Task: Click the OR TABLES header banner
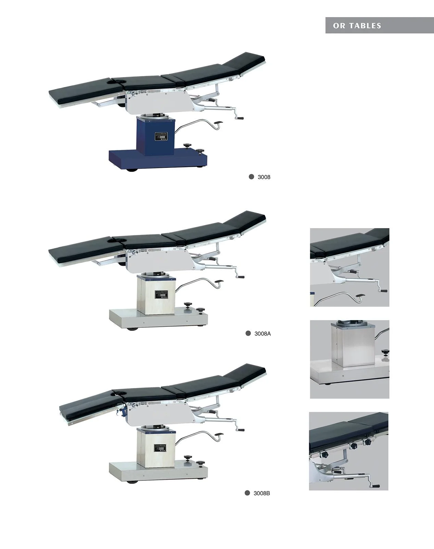coord(379,25)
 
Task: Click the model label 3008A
coord(262,334)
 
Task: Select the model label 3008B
coord(261,493)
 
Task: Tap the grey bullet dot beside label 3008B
coord(247,493)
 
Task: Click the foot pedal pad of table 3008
coord(218,122)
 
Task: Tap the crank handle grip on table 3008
coord(240,118)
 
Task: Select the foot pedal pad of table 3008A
coord(218,282)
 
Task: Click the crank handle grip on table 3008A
coord(241,277)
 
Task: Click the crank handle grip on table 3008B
coord(241,430)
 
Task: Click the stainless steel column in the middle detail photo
coord(349,346)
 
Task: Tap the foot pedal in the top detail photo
coord(359,296)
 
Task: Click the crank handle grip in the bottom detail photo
coord(375,486)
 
